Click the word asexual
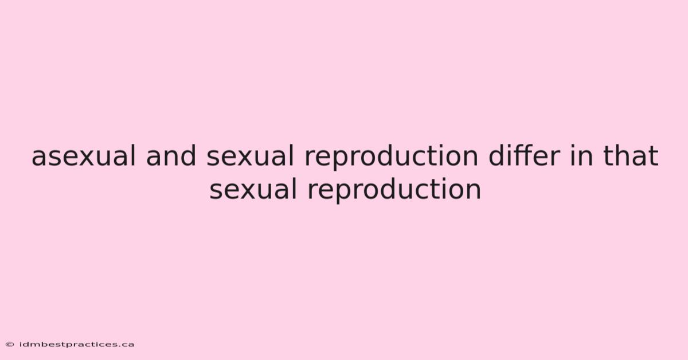click(84, 156)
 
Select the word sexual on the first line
click(250, 156)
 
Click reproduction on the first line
click(391, 157)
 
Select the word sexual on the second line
click(253, 190)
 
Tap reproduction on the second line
click(394, 191)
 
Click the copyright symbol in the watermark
click(10, 345)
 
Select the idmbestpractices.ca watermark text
click(76, 345)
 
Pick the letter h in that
click(625, 155)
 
